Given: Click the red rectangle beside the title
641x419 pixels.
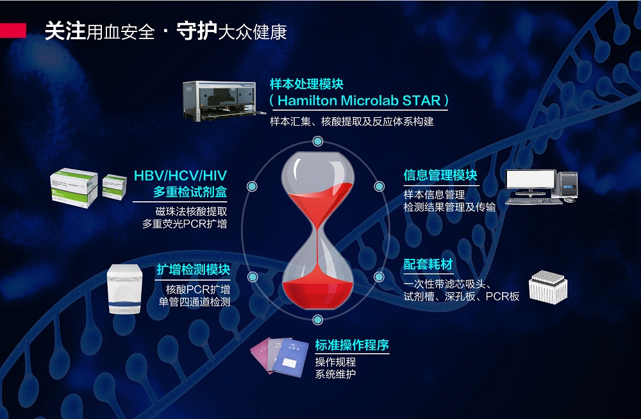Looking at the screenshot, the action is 13,31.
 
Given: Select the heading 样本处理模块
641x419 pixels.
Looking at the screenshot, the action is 306,84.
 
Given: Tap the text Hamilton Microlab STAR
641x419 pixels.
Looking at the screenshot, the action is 359,101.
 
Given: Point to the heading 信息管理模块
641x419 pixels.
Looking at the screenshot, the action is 440,175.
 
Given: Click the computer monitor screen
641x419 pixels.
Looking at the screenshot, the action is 530,179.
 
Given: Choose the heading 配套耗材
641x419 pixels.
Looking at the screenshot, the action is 428,264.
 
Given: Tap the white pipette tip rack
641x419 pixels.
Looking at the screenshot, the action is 548,288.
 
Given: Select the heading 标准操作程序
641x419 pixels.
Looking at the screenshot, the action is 351,345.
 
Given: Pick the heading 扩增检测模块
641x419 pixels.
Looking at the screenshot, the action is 193,270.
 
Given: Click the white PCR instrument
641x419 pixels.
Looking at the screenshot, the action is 125,289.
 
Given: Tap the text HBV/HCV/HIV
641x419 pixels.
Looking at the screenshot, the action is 180,176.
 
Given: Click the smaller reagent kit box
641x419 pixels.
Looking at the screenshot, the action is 115,186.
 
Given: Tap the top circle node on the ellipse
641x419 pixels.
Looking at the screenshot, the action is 318,142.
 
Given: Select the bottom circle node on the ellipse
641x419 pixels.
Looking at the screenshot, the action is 318,320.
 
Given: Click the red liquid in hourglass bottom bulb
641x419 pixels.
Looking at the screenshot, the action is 318,293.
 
